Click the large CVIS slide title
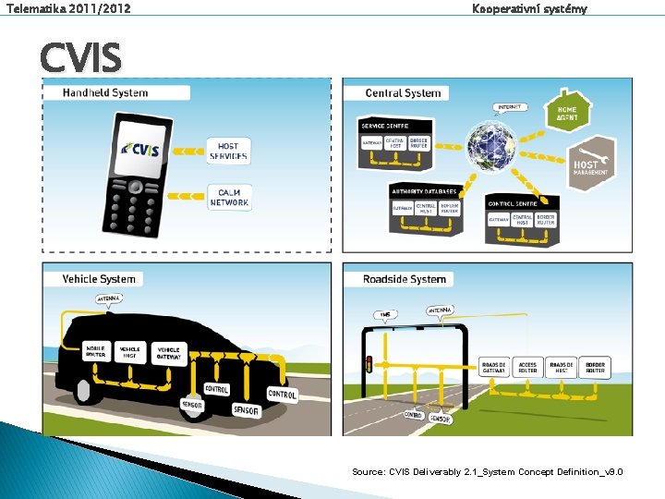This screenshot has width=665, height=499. click(80, 59)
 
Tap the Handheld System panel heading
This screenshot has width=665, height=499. click(104, 92)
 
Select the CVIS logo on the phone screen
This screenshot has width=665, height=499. click(139, 149)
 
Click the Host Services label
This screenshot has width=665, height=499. click(228, 152)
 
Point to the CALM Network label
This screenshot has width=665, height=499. click(229, 197)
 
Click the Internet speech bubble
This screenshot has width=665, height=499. click(509, 107)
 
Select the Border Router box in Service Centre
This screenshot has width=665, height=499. click(419, 143)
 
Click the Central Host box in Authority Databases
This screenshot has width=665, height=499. click(426, 209)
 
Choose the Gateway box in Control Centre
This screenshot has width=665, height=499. click(499, 219)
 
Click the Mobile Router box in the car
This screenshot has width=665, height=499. click(96, 351)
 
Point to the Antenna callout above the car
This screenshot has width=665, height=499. click(109, 298)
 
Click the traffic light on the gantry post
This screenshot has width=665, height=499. click(369, 363)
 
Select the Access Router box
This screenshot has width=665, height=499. click(527, 367)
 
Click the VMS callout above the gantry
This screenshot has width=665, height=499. click(384, 314)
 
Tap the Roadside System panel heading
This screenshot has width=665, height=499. click(404, 279)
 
